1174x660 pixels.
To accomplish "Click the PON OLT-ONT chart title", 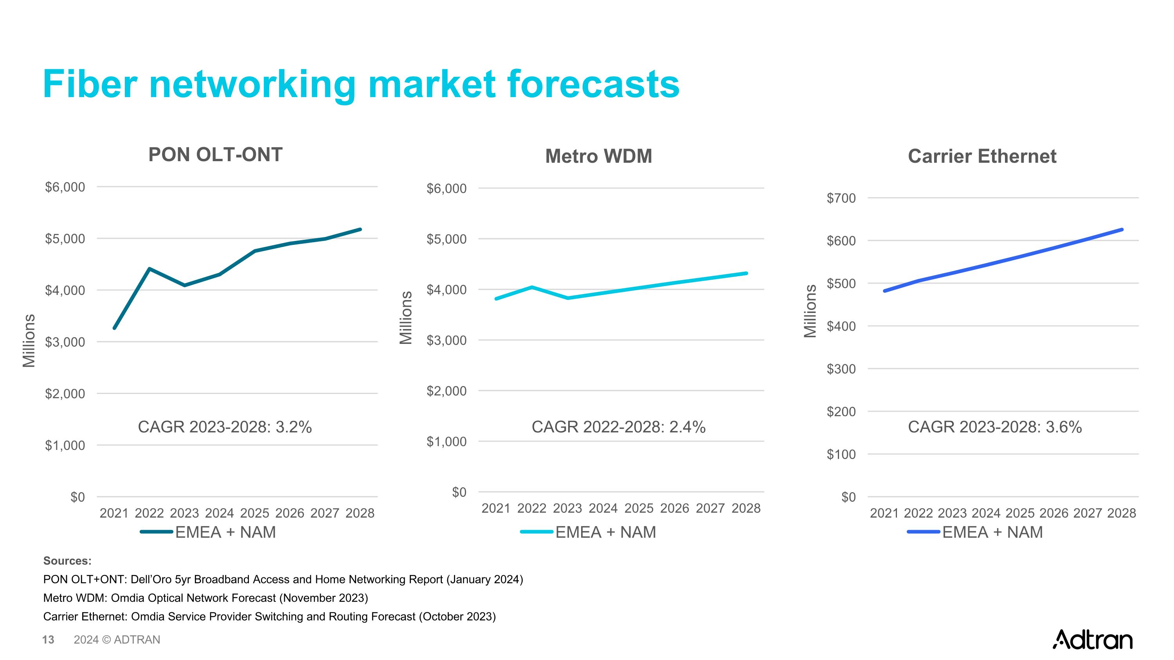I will click(x=215, y=155).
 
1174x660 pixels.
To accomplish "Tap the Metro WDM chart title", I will click(x=598, y=156).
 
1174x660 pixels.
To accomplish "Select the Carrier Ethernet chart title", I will click(x=982, y=156).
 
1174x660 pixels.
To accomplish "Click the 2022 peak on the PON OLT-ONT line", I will click(x=149, y=269).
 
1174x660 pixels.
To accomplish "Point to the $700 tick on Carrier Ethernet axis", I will click(x=841, y=198).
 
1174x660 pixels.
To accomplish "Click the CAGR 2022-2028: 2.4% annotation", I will click(x=618, y=427).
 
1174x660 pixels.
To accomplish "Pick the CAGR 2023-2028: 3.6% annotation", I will click(x=994, y=427).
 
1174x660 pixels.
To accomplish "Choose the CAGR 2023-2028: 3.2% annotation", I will click(x=225, y=427).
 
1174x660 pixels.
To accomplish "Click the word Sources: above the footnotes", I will click(x=67, y=561).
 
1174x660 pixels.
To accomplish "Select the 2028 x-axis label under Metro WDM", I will click(x=746, y=508).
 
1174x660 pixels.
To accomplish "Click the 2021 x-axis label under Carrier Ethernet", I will click(x=884, y=513).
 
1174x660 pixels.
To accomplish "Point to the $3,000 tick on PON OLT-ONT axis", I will click(x=65, y=342).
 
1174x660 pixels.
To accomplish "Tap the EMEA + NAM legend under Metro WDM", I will click(x=605, y=532).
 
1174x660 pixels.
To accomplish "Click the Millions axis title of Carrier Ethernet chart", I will click(x=810, y=311).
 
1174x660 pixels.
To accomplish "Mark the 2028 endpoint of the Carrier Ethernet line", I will click(x=1122, y=230).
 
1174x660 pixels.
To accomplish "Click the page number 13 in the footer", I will click(x=48, y=640).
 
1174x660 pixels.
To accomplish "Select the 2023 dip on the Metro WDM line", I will click(x=568, y=298).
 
